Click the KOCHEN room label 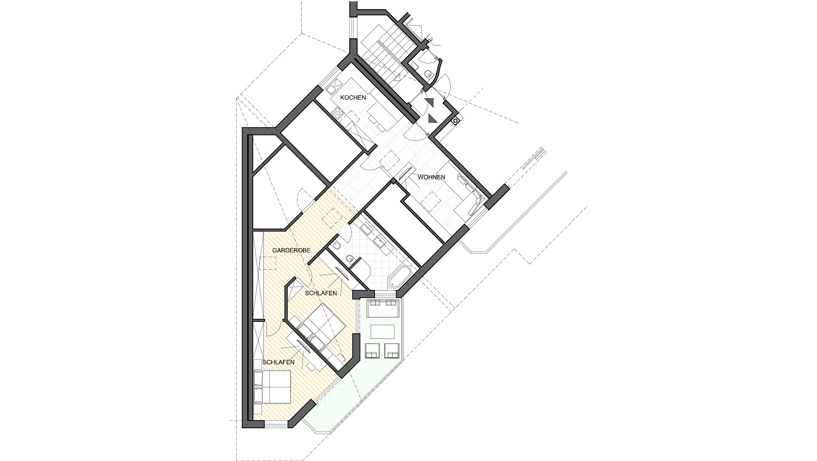tap(353, 97)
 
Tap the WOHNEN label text tap(431, 177)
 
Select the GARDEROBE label tap(291, 251)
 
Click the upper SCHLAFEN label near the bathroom tap(321, 293)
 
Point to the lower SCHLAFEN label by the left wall tap(278, 362)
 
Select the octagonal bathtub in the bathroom tap(399, 278)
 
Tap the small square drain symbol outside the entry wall tap(455, 121)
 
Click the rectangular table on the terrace tap(383, 332)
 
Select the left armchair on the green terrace tap(373, 350)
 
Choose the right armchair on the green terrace tap(392, 350)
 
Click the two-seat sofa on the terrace tap(383, 308)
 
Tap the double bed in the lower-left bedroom tap(272, 387)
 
